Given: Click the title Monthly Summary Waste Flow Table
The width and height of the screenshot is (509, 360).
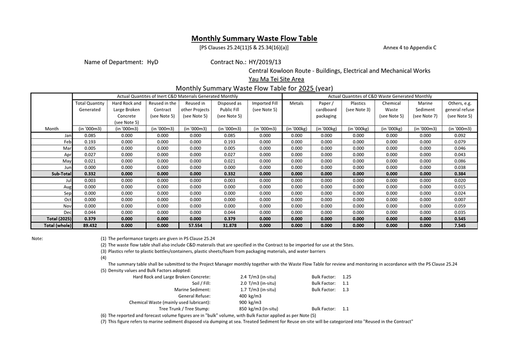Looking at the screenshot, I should (x=254, y=39).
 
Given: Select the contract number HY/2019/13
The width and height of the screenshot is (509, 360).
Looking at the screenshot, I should (x=264, y=62).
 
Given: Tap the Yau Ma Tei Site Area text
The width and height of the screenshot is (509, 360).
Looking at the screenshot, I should (x=276, y=79).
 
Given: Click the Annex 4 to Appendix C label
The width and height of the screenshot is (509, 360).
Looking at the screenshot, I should (x=410, y=48).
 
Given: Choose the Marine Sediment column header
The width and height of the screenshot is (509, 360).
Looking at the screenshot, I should (x=425, y=109).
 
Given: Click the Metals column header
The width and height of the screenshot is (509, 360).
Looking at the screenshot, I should (x=296, y=103).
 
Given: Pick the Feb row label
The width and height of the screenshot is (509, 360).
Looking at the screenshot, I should (x=67, y=142).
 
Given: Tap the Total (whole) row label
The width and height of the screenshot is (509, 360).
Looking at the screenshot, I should (x=58, y=225).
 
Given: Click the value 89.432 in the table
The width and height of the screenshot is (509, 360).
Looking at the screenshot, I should (x=90, y=225).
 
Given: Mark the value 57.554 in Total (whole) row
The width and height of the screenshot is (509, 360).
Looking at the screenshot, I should (x=196, y=225).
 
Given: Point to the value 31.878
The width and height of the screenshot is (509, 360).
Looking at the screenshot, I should (x=229, y=225).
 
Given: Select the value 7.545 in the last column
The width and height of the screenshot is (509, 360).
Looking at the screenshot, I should (x=460, y=225).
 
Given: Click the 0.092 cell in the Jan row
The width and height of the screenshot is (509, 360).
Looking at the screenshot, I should (x=460, y=136).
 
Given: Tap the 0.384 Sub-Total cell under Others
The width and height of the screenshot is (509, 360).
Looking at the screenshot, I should (x=460, y=174).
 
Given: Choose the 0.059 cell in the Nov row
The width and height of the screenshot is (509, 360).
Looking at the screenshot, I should (x=460, y=206).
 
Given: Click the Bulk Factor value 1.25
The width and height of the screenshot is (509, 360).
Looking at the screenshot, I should (x=347, y=276).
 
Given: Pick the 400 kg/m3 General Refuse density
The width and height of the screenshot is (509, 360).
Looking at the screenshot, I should (x=250, y=295).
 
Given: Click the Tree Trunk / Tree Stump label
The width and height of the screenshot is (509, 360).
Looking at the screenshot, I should (x=185, y=308).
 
